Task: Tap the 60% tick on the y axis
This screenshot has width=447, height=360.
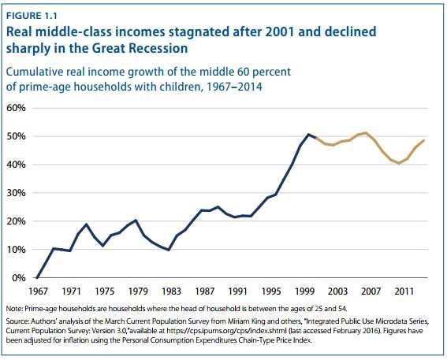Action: pos(19,108)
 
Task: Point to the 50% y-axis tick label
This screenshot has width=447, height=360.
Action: pos(19,136)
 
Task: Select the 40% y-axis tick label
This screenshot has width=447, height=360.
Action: pos(19,165)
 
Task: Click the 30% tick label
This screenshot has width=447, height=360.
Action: pos(19,193)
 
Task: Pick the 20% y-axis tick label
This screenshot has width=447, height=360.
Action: pos(19,221)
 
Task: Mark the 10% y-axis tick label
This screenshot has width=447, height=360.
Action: pos(19,250)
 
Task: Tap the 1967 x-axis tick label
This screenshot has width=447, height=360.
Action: pos(37,290)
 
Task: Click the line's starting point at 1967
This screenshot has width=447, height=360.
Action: pos(37,277)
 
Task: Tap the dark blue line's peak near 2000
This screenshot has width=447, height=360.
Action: pos(308,135)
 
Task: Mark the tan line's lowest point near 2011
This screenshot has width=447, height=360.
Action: pos(399,163)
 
